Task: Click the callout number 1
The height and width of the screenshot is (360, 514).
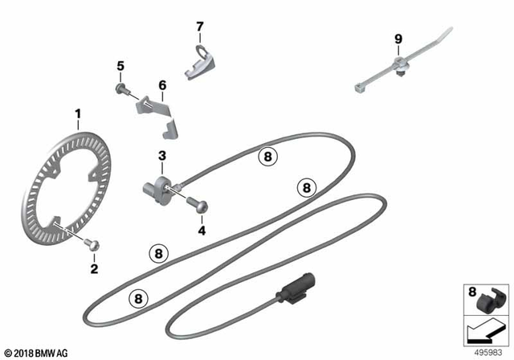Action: pos(78,115)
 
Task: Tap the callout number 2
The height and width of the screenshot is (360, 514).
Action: pos(94,268)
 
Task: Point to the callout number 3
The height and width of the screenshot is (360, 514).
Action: pos(161,156)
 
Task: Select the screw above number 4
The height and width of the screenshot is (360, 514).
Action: pos(198,204)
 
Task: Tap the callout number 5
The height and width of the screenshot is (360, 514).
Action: pos(120,65)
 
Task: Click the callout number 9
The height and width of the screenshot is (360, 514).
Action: pos(396,39)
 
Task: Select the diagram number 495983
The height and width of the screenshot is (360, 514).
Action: pos(490,351)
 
